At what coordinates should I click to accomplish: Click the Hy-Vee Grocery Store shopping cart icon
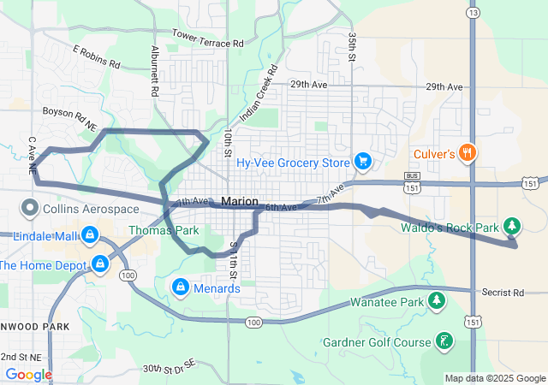363,161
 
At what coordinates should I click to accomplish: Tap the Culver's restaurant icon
468,154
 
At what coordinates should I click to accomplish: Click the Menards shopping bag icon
181,287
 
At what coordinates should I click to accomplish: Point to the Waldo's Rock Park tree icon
512,226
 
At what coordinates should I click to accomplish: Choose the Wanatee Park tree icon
437,301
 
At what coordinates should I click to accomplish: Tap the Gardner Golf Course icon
444,341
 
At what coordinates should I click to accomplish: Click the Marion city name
239,202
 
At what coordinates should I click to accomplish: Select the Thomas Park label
164,230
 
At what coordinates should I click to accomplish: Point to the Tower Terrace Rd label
208,38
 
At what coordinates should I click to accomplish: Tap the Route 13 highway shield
473,13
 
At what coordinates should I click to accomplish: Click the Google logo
28,374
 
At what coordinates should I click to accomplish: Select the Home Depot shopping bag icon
101,264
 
